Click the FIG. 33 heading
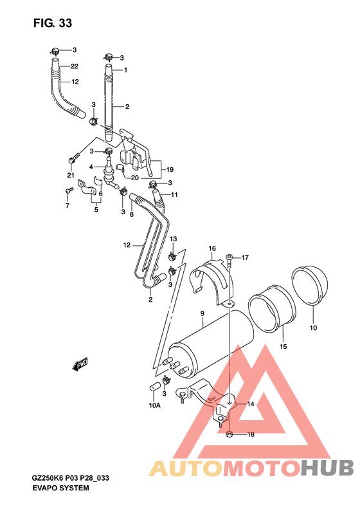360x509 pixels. tap(52, 23)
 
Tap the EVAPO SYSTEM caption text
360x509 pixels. tap(60, 488)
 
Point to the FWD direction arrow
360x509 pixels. tap(81, 365)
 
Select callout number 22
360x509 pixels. tap(75, 66)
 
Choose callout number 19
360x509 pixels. tap(170, 169)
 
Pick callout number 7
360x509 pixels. tap(67, 205)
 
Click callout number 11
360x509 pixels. tap(174, 194)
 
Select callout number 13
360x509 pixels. tap(172, 239)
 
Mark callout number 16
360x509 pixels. tap(212, 248)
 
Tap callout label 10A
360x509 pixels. tap(154, 405)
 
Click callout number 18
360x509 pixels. tap(251, 434)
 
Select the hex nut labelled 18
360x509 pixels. tap(230, 435)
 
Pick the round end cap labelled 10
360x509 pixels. tap(310, 285)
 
